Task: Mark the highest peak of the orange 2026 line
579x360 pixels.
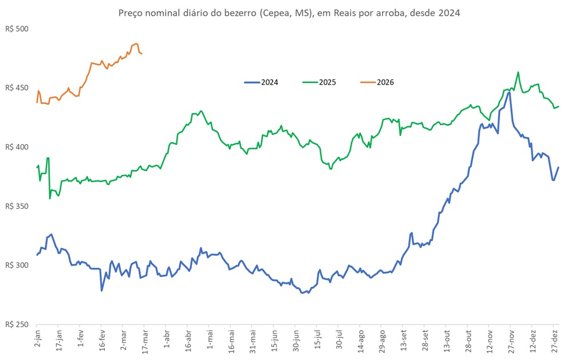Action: point(136,43)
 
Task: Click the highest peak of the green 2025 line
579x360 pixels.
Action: point(518,73)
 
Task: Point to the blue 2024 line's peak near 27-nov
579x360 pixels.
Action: point(509,92)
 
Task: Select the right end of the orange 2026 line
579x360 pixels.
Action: point(142,54)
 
